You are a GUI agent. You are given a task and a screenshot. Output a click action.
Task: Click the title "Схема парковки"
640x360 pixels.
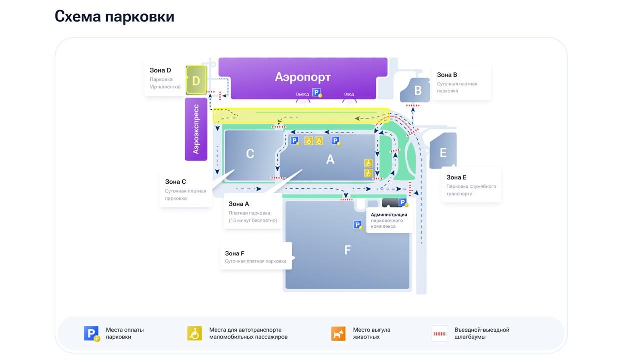tap(114, 16)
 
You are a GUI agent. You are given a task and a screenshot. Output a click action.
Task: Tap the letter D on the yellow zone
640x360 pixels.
tap(196, 81)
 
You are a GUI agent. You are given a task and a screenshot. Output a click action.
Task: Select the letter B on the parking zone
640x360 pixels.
tap(418, 91)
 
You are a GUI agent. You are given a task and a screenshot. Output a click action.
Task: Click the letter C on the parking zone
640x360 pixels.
tap(250, 154)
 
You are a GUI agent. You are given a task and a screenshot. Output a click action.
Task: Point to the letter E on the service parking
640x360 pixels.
tap(443, 152)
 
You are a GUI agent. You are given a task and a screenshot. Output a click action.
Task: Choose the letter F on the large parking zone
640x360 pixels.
tap(348, 250)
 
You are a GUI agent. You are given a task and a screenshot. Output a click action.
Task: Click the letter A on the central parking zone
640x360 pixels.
tap(330, 159)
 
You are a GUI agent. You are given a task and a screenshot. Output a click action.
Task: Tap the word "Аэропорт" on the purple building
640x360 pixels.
tap(303, 77)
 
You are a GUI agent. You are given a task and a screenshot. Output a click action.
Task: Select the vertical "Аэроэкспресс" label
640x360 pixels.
tap(196, 129)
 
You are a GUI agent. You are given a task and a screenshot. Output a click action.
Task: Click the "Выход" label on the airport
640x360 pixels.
tap(302, 94)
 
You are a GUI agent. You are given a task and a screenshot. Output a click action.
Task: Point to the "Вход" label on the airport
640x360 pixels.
tap(349, 94)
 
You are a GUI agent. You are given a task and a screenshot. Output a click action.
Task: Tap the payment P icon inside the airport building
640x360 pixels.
tap(317, 92)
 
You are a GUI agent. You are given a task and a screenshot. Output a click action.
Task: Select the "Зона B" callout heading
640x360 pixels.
tap(447, 75)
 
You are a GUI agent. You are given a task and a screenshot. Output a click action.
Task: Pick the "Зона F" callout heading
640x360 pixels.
tap(235, 253)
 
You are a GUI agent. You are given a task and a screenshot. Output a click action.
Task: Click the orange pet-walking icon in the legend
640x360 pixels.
tap(338, 333)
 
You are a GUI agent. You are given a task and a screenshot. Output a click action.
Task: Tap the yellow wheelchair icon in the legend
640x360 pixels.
tap(194, 333)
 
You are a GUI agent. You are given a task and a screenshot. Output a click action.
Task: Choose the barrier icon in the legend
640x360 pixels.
tap(440, 333)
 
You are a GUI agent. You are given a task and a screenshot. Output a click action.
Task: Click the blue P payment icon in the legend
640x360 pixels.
tap(91, 333)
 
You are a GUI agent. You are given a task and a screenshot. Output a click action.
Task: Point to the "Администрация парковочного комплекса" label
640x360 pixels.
tap(389, 220)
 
